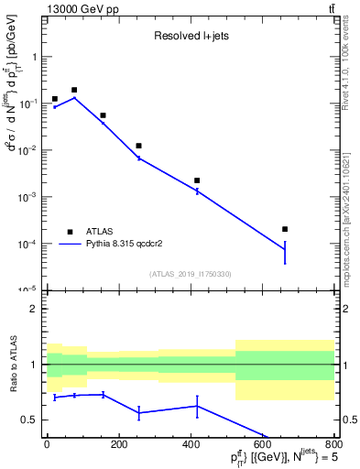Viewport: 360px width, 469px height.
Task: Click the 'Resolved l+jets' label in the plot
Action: [x=191, y=38]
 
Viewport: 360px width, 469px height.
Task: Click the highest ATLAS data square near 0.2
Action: [x=74, y=90]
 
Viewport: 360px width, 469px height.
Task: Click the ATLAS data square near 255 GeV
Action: [x=138, y=146]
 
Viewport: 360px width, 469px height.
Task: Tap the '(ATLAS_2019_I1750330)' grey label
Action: [x=190, y=274]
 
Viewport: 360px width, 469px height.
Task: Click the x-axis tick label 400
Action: [x=190, y=445]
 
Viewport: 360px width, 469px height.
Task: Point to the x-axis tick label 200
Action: [x=118, y=445]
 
